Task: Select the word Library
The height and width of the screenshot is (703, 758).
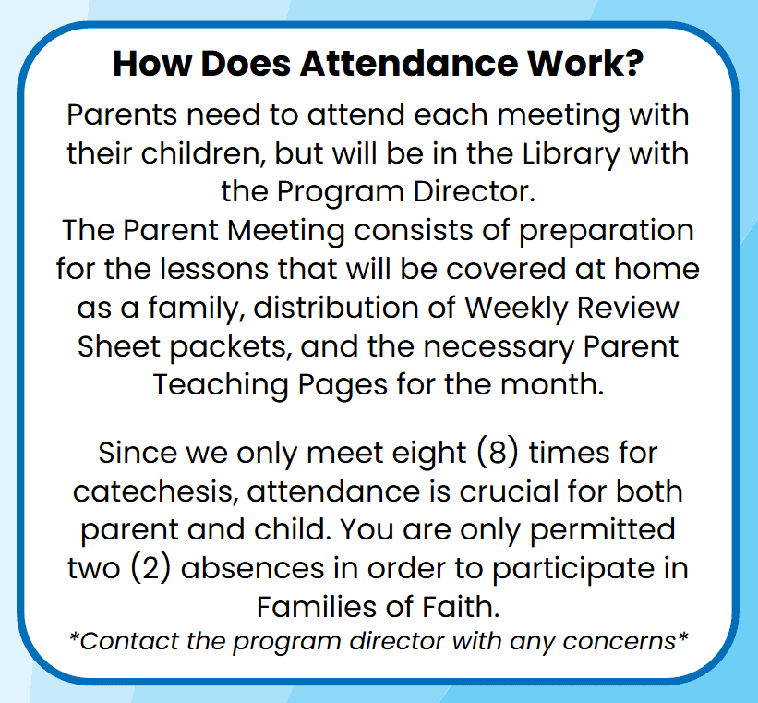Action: [x=542, y=152]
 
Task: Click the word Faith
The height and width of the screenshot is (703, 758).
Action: [x=459, y=607]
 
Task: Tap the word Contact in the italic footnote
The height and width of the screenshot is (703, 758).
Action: [x=122, y=641]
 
